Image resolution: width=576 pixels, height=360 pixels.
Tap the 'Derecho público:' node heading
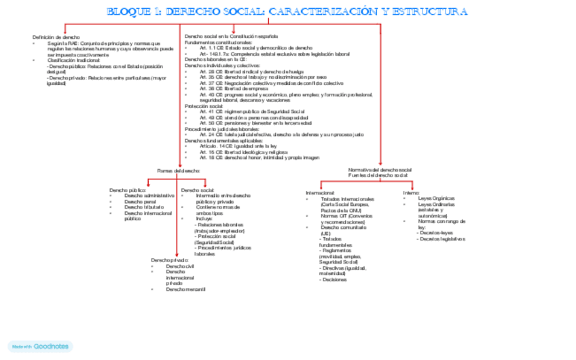(128, 190)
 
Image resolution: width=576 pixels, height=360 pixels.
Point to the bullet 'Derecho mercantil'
(185, 289)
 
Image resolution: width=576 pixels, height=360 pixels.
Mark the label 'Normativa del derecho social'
(380, 169)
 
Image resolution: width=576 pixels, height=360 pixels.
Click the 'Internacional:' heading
(321, 193)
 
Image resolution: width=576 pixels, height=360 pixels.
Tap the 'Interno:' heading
(412, 193)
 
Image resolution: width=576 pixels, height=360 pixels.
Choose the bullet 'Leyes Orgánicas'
(436, 198)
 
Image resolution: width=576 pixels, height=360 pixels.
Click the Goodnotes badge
(39, 346)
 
